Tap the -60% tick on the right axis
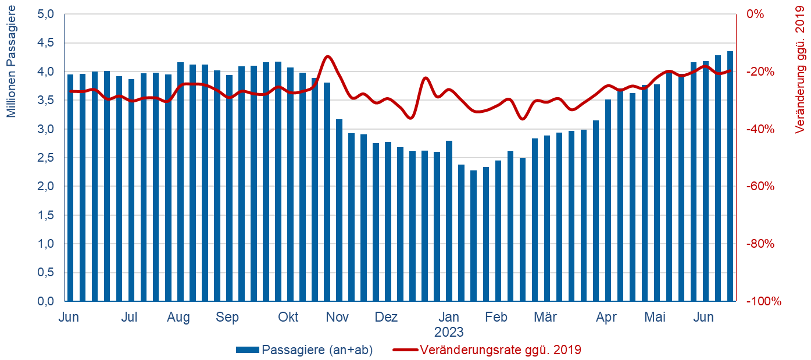click(x=760, y=187)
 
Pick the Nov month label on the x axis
click(x=337, y=318)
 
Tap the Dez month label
click(x=386, y=318)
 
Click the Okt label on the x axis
click(x=288, y=318)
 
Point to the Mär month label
click(x=545, y=318)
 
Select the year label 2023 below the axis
click(x=449, y=333)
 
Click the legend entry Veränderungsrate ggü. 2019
click(x=500, y=350)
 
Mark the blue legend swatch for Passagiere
click(x=248, y=350)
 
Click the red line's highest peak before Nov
click(x=328, y=56)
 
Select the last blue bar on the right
click(x=730, y=174)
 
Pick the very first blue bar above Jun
click(x=70, y=186)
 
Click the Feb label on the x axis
click(x=496, y=318)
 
